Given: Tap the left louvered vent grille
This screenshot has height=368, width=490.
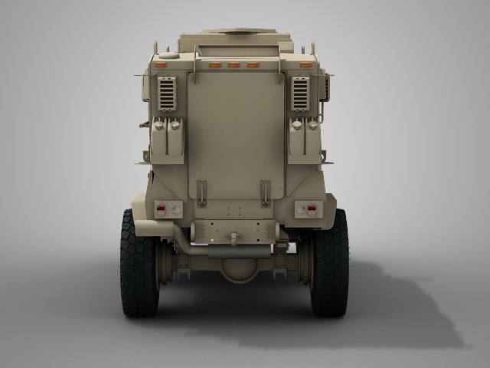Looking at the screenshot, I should (x=167, y=94).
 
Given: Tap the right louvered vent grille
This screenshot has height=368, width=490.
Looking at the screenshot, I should (x=300, y=94).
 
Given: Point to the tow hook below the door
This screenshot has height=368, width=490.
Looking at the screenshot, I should (x=234, y=239).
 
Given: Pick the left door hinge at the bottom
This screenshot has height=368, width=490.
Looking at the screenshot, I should (x=201, y=192).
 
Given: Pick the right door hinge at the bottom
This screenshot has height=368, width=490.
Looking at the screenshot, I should (x=266, y=192).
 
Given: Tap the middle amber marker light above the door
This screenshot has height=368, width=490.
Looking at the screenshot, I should (x=234, y=66).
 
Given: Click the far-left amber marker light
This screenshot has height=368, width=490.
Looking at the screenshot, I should (x=161, y=66).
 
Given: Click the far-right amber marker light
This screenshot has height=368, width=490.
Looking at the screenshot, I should (x=307, y=66).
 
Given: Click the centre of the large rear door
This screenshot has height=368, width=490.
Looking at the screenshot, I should (x=235, y=138).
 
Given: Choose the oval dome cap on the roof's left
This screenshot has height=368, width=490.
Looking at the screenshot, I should (x=168, y=54).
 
